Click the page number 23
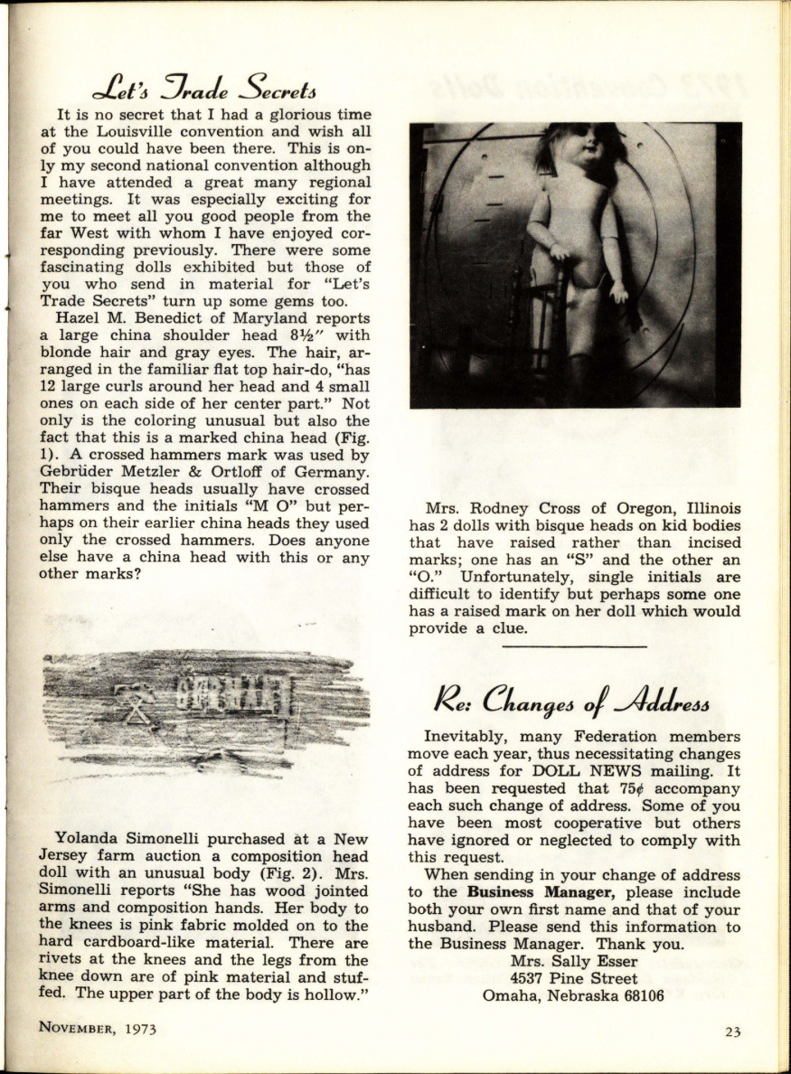click(x=732, y=1032)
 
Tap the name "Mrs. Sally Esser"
click(x=574, y=961)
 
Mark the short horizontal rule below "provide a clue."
click(x=574, y=647)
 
